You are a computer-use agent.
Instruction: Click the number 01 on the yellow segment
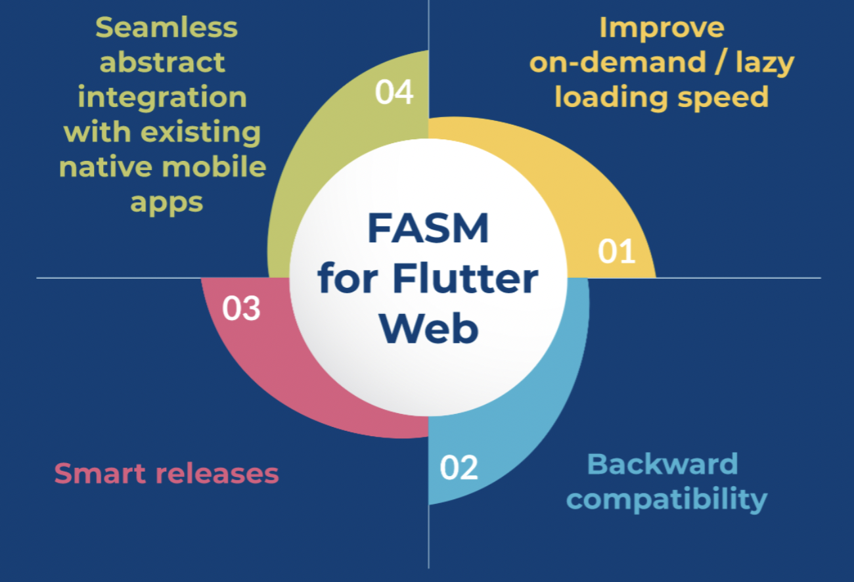pyautogui.click(x=617, y=252)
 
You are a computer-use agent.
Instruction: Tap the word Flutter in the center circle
pyautogui.click(x=465, y=279)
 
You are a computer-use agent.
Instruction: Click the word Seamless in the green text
pyautogui.click(x=166, y=28)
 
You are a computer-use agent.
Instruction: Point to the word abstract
pyautogui.click(x=162, y=63)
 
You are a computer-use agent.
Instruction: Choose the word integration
pyautogui.click(x=162, y=98)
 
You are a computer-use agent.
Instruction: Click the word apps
pyautogui.click(x=166, y=202)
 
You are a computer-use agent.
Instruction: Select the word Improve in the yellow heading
pyautogui.click(x=662, y=28)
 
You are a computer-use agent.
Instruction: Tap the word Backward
pyautogui.click(x=662, y=464)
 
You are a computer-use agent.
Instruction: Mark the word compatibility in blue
pyautogui.click(x=666, y=499)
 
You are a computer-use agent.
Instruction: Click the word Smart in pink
pyautogui.click(x=100, y=473)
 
